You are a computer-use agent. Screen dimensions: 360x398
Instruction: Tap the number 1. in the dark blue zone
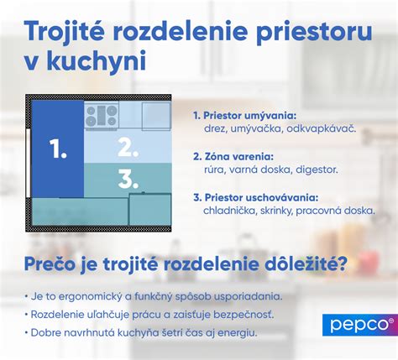58,150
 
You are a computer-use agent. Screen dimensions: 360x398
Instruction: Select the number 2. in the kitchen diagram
128,148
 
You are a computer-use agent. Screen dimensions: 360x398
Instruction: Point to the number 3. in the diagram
128,178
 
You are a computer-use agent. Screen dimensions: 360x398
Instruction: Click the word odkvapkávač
324,130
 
